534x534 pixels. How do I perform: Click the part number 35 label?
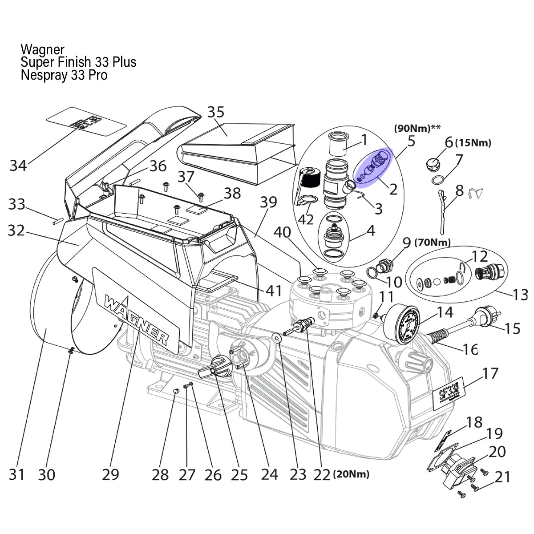click(216, 113)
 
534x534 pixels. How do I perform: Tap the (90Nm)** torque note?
click(417, 128)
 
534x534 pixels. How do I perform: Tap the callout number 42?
click(306, 220)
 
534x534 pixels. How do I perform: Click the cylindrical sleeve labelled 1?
click(338, 144)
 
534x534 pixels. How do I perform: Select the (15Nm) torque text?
click(473, 143)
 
